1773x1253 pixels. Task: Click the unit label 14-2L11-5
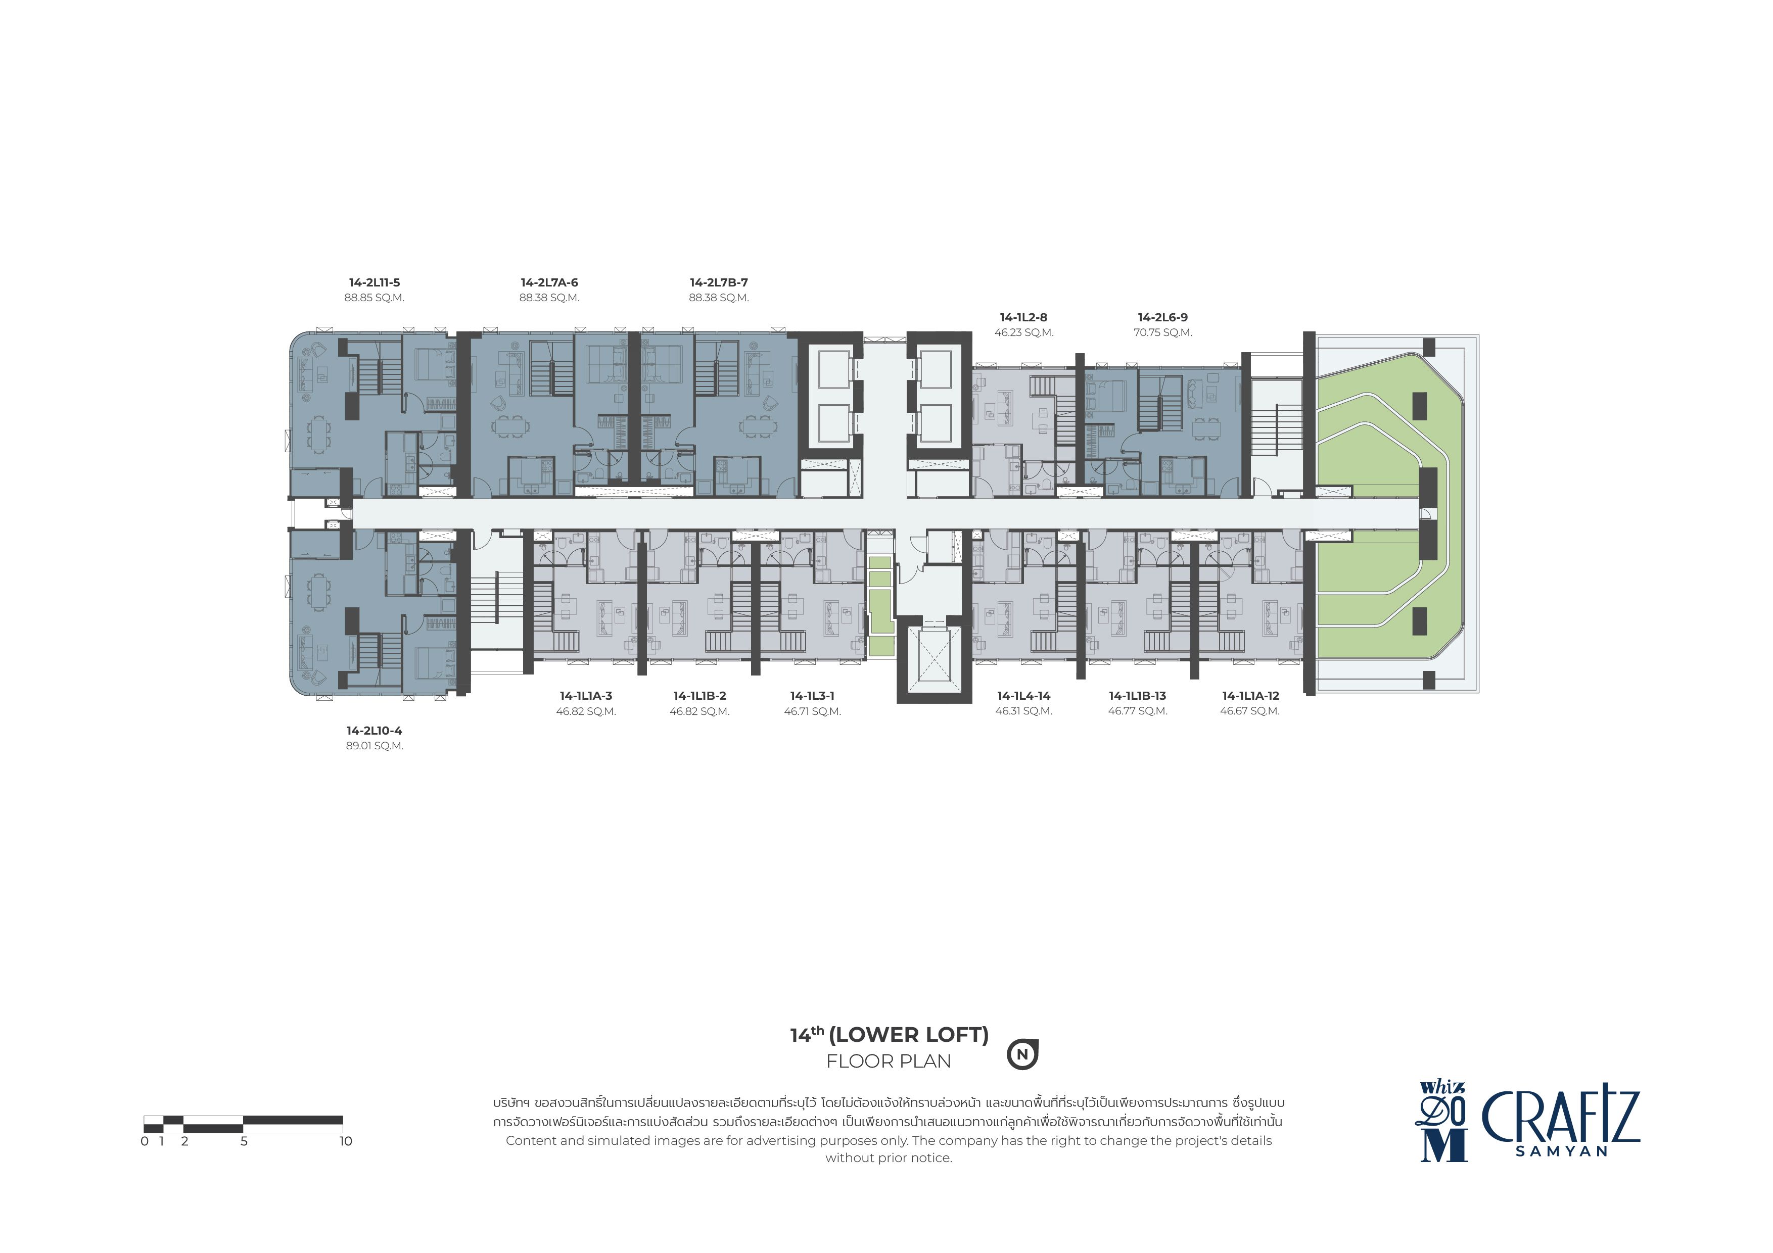pyautogui.click(x=375, y=282)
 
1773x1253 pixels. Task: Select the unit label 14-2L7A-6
pyautogui.click(x=549, y=282)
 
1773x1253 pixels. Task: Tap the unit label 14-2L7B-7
pyautogui.click(x=719, y=282)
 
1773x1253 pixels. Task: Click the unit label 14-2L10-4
pyautogui.click(x=375, y=731)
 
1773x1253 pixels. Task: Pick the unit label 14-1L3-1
pyautogui.click(x=812, y=696)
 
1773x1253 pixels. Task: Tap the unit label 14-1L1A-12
pyautogui.click(x=1250, y=696)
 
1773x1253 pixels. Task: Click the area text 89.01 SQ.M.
pyautogui.click(x=375, y=746)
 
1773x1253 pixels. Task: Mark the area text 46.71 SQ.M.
pyautogui.click(x=812, y=711)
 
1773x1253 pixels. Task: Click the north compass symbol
pyautogui.click(x=1022, y=1054)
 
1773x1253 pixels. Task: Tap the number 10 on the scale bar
pyautogui.click(x=345, y=1141)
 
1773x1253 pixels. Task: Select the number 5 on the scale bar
pyautogui.click(x=244, y=1141)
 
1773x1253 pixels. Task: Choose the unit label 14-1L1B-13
pyautogui.click(x=1138, y=696)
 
